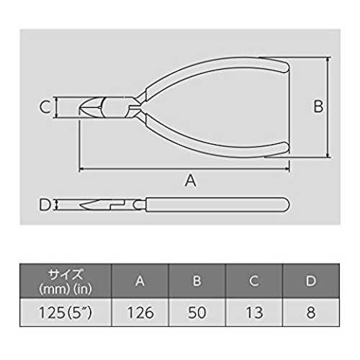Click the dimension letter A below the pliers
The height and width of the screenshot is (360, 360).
(x=190, y=181)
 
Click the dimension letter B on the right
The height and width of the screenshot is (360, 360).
(x=318, y=106)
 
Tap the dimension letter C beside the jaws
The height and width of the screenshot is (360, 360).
(x=45, y=107)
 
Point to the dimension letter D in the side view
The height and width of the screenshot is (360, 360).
(x=45, y=204)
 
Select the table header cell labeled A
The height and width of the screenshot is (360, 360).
(x=140, y=281)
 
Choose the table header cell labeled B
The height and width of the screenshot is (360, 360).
(x=197, y=281)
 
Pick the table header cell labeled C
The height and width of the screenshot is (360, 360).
(x=254, y=281)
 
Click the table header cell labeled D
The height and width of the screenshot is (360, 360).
(x=311, y=281)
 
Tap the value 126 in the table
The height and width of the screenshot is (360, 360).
(x=140, y=312)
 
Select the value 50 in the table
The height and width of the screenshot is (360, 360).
(x=197, y=312)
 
